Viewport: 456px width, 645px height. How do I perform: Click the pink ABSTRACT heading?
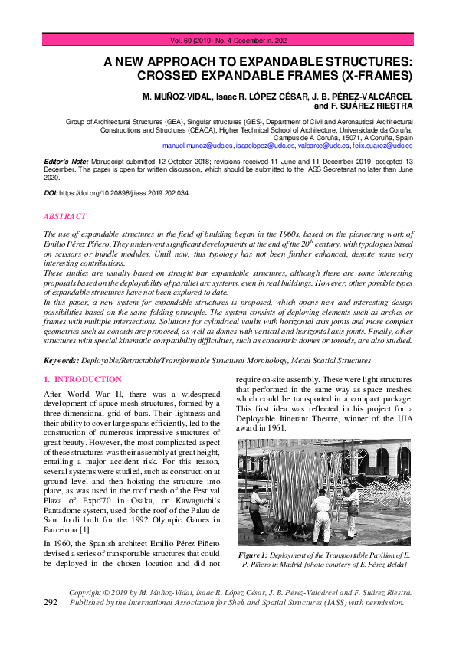65,217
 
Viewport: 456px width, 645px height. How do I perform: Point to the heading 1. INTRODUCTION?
83,380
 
